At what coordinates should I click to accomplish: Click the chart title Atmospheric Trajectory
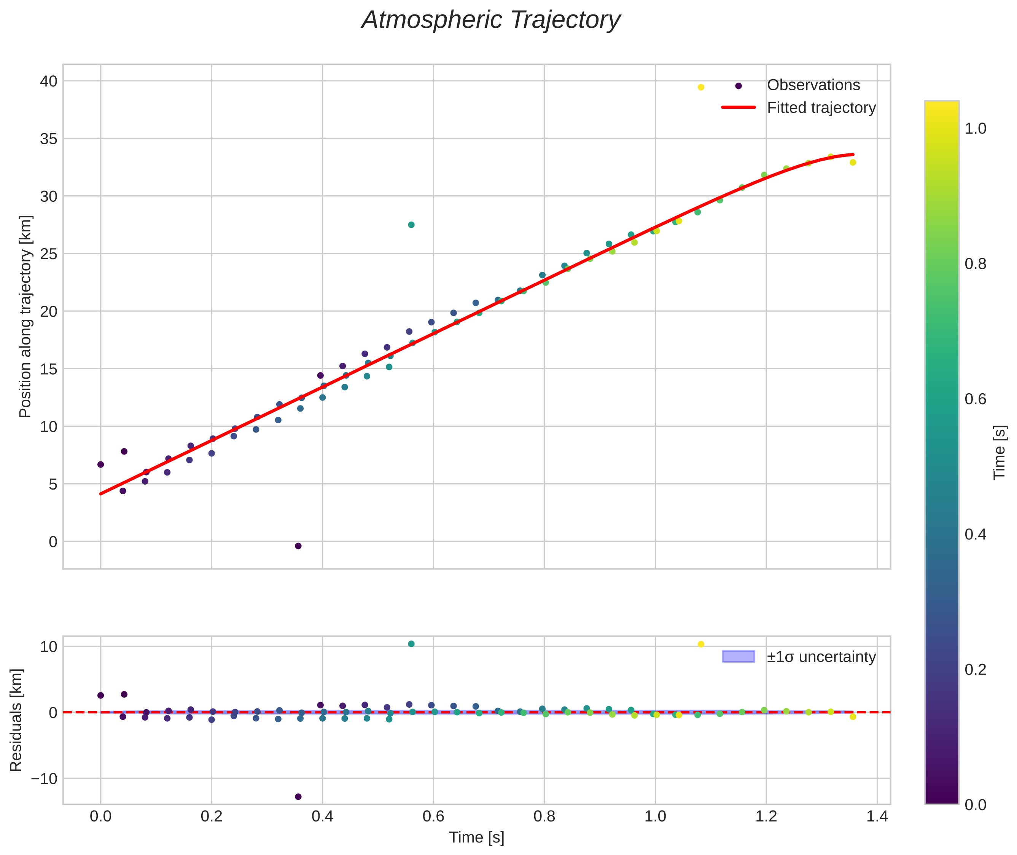[490, 20]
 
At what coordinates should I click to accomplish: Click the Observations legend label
[813, 85]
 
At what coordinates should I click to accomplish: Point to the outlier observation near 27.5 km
[411, 225]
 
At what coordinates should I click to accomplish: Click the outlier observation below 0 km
[298, 546]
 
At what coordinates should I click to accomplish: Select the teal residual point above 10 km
[411, 644]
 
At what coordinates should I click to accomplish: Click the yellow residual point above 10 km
[700, 644]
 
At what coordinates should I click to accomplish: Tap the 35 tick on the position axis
[48, 139]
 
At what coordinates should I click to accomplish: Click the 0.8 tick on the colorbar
[975, 264]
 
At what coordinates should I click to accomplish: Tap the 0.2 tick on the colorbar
[975, 669]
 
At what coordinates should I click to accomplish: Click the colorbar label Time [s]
[999, 452]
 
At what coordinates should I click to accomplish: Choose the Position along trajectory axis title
[25, 316]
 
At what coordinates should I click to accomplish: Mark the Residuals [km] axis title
[16, 720]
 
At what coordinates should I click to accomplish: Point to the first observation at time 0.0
[100, 464]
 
